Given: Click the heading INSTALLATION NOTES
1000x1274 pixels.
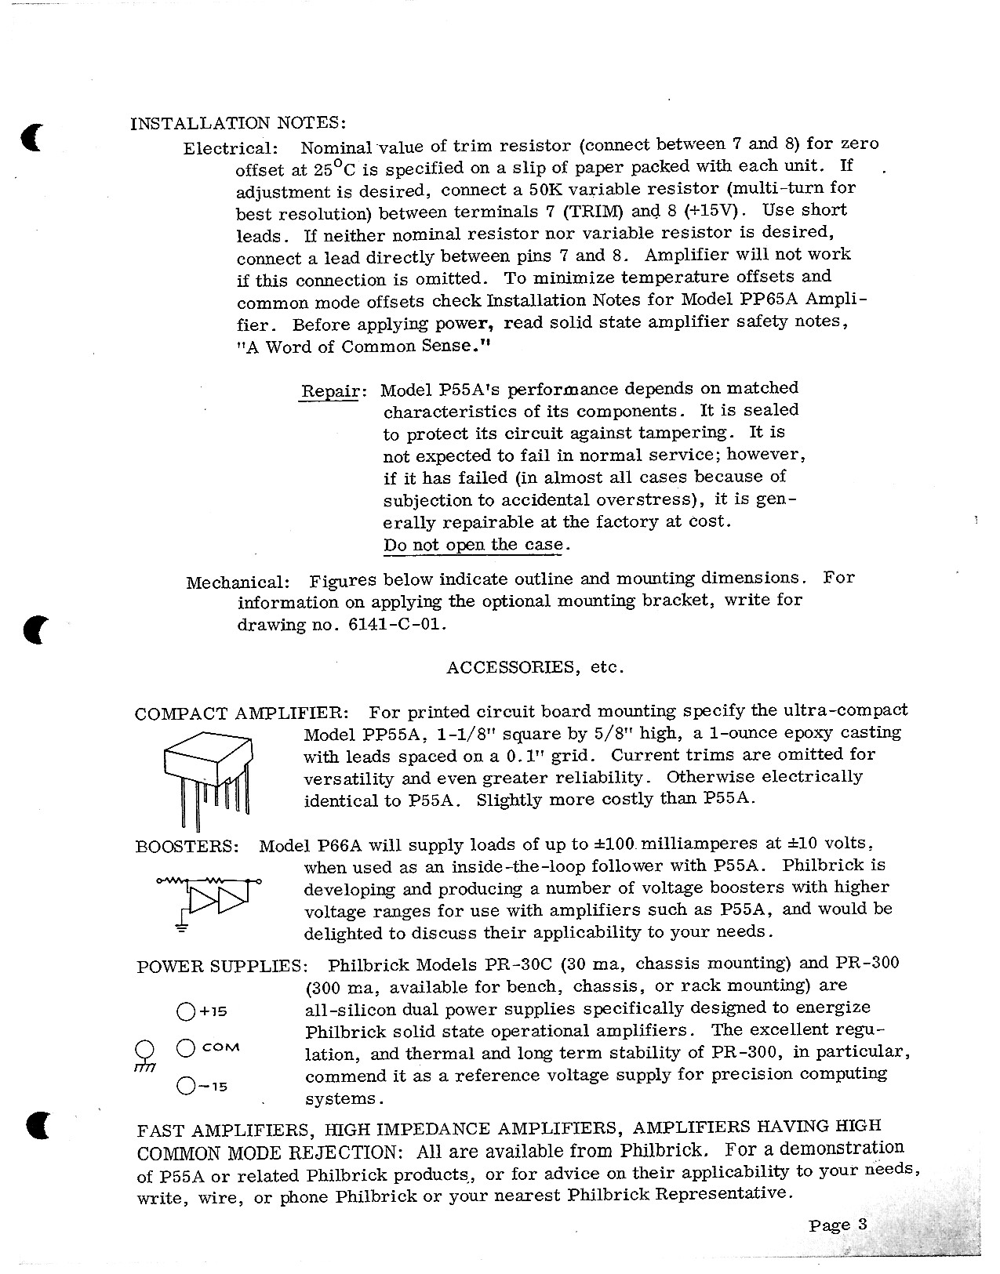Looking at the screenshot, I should pos(237,123).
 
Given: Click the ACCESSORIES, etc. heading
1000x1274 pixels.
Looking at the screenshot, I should pos(535,667).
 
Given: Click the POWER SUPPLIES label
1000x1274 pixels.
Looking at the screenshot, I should pos(220,966).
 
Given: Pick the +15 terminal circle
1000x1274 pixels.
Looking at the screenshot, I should pos(186,1011).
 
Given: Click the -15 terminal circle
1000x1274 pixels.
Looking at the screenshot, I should pos(186,1086).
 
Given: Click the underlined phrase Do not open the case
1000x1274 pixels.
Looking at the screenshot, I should pos(473,545).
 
